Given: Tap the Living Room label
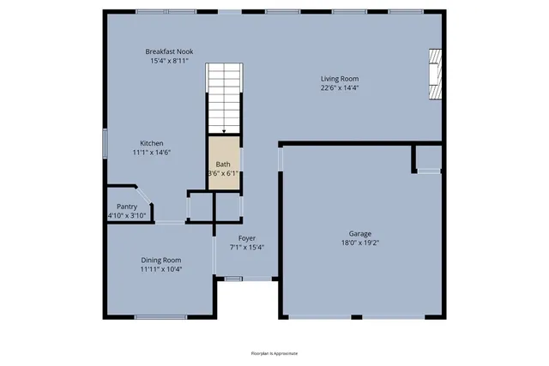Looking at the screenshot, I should coord(341,77).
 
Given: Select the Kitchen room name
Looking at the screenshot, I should coord(152,143).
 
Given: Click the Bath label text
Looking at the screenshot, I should coord(223,164).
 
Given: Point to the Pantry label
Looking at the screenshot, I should coord(127,207).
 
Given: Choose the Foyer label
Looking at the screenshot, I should coord(247,238).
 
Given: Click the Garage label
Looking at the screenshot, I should coord(360,233).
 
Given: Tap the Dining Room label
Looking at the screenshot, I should coord(161,260).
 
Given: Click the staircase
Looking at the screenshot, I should coord(223,99).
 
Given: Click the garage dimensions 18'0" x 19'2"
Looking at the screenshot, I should coord(360,243).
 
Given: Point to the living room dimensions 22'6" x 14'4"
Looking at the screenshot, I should coord(341,87).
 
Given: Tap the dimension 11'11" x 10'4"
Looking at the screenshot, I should coord(161,269).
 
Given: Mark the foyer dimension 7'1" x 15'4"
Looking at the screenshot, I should coord(247,248).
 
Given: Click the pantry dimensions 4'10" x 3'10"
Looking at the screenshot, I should coord(127,216).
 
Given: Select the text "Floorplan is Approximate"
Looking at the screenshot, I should coord(274,353).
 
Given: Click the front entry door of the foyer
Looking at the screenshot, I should coord(233,278).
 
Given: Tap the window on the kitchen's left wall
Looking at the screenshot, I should coord(106,143).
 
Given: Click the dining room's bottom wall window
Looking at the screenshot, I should coord(160,317).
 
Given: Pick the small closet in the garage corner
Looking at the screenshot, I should coord(427,158).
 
